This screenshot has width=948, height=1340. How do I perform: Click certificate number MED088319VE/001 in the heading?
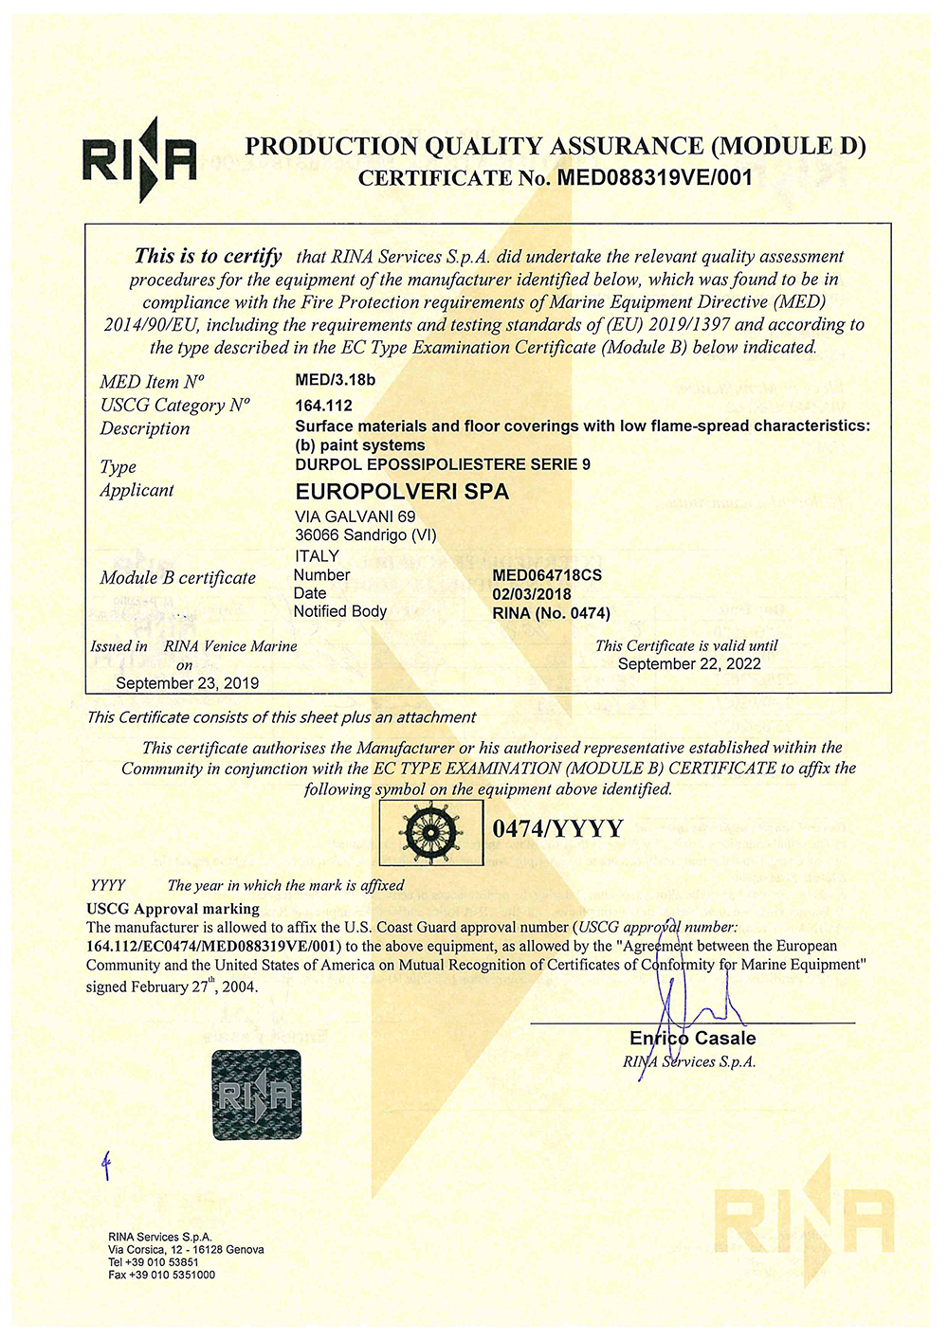click(654, 177)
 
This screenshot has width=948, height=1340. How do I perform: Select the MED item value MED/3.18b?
click(336, 381)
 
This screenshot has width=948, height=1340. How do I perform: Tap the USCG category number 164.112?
click(323, 406)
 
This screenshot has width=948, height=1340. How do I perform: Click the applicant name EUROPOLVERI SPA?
click(402, 492)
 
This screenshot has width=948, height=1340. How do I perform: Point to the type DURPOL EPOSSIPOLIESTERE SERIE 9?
click(443, 464)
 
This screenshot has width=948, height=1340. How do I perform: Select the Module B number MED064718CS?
click(547, 575)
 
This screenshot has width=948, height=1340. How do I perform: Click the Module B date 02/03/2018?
click(532, 594)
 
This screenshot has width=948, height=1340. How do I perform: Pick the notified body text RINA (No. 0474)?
click(551, 613)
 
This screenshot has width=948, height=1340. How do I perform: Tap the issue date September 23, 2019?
click(187, 683)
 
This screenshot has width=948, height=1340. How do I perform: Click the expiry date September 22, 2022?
click(689, 664)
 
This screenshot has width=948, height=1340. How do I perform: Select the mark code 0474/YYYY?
click(557, 829)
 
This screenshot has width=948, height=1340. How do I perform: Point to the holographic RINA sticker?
click(256, 1095)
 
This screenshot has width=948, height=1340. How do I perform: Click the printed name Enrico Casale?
click(692, 1039)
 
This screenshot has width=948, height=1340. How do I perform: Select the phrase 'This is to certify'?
click(208, 256)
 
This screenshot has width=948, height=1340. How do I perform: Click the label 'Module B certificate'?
click(177, 578)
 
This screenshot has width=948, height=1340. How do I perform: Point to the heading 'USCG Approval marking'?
click(173, 909)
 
